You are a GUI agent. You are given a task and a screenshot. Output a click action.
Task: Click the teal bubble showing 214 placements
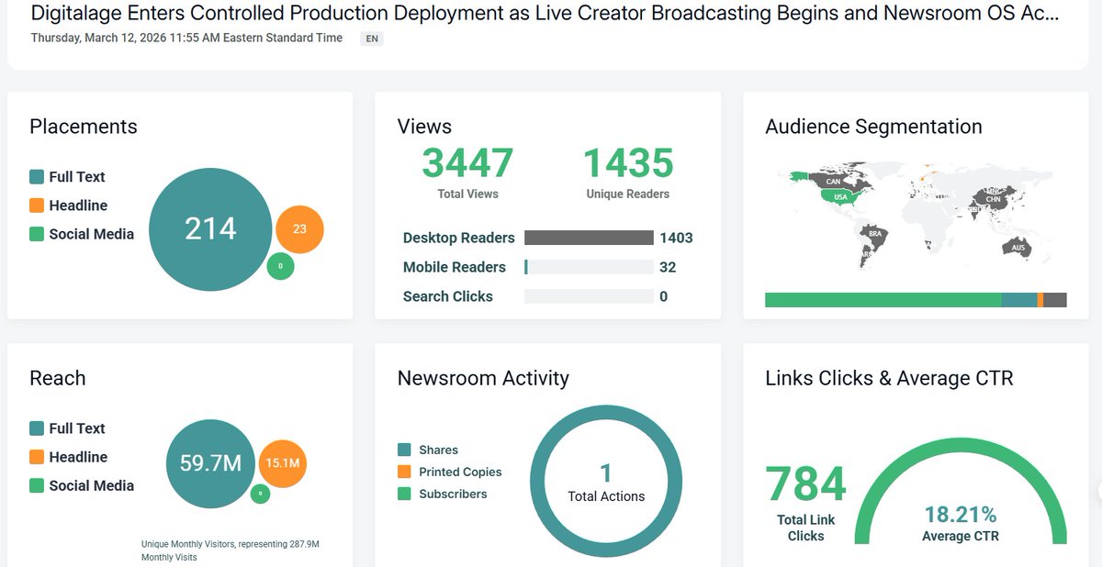(210, 228)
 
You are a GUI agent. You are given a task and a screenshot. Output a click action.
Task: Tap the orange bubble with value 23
(299, 229)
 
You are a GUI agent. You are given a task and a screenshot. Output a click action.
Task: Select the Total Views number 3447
(467, 163)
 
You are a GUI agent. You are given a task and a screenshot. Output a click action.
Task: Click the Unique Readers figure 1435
(628, 163)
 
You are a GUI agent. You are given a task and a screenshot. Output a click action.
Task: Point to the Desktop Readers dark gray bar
(588, 238)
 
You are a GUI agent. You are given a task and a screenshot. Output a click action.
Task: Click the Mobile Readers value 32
(668, 267)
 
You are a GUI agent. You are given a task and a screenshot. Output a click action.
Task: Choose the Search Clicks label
(447, 296)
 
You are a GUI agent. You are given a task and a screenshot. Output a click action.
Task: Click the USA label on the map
(840, 196)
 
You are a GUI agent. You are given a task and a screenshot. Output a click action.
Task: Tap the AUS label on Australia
(1018, 248)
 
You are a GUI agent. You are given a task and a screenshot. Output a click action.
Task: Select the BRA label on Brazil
(875, 234)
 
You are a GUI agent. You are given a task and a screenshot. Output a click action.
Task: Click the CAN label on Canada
(833, 182)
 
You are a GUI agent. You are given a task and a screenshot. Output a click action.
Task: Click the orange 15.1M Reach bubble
(283, 463)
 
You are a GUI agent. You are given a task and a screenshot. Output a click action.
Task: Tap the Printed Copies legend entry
(459, 472)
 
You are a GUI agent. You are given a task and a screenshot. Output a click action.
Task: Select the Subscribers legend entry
(452, 494)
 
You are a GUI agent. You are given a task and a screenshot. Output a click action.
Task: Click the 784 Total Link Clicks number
(805, 484)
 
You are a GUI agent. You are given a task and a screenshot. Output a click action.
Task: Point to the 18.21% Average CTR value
(960, 515)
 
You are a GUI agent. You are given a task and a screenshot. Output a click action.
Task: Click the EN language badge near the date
(372, 39)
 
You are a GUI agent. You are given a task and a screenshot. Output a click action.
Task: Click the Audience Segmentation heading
(873, 127)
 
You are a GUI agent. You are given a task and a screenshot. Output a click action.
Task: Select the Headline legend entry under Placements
(77, 206)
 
